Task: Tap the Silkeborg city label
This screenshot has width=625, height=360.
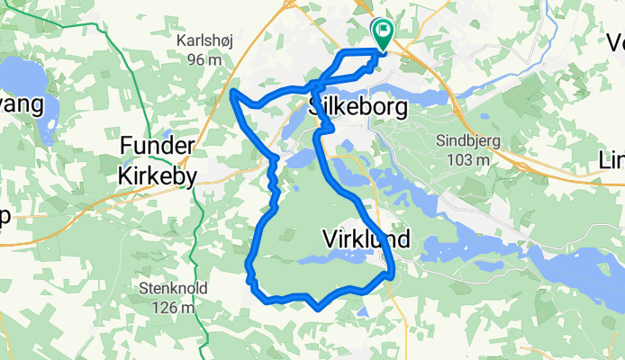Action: pyautogui.click(x=358, y=107)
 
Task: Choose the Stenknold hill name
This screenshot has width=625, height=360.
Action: pyautogui.click(x=175, y=290)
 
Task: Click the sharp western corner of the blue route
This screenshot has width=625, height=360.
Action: pyautogui.click(x=233, y=92)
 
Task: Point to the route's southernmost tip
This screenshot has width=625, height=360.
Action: pyautogui.click(x=319, y=308)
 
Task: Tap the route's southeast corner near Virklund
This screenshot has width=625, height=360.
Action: pyautogui.click(x=394, y=273)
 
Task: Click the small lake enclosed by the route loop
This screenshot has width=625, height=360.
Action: pyautogui.click(x=315, y=260)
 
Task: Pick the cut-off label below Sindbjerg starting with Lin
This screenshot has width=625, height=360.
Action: pyautogui.click(x=611, y=159)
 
